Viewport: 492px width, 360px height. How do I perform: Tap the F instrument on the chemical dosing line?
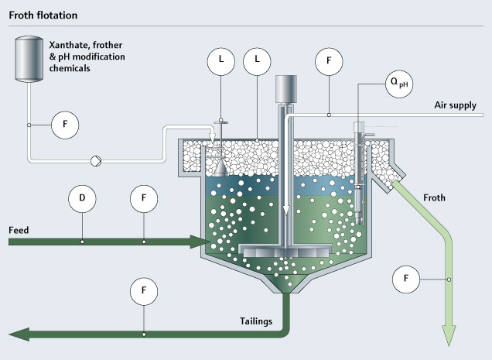click(x=65, y=124)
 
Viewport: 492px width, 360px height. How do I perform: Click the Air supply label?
click(x=460, y=105)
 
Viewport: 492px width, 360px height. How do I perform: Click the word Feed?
click(x=19, y=231)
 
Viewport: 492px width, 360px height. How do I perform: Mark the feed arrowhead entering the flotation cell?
click(x=196, y=242)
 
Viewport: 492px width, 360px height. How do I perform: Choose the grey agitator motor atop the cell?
click(x=286, y=87)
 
